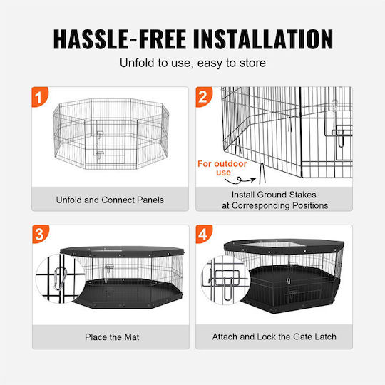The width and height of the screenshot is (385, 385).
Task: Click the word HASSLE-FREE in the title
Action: point(120,39)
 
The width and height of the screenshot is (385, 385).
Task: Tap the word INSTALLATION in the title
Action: point(263,39)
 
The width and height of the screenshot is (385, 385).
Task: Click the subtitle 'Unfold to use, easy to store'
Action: point(192,63)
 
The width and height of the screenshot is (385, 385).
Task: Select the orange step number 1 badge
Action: point(40,97)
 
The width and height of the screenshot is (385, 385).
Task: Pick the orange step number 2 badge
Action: point(204,97)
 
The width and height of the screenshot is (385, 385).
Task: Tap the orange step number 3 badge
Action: point(41,234)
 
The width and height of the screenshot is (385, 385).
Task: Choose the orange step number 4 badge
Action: point(204,234)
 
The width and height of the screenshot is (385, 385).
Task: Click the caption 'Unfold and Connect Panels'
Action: point(110,200)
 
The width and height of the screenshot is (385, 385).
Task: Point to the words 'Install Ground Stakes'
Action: point(274,195)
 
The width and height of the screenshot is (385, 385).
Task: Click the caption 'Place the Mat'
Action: point(112,337)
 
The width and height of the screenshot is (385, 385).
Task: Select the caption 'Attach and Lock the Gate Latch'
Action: point(274,337)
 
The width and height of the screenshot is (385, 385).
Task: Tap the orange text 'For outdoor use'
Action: point(222,168)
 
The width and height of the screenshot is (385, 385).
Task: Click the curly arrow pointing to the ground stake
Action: point(240,180)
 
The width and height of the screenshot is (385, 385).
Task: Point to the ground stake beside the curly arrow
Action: point(262,173)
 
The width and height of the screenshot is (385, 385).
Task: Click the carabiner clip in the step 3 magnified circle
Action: point(61,279)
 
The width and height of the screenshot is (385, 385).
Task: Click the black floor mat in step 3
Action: point(128,294)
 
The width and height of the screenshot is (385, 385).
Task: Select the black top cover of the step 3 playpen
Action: point(123,252)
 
